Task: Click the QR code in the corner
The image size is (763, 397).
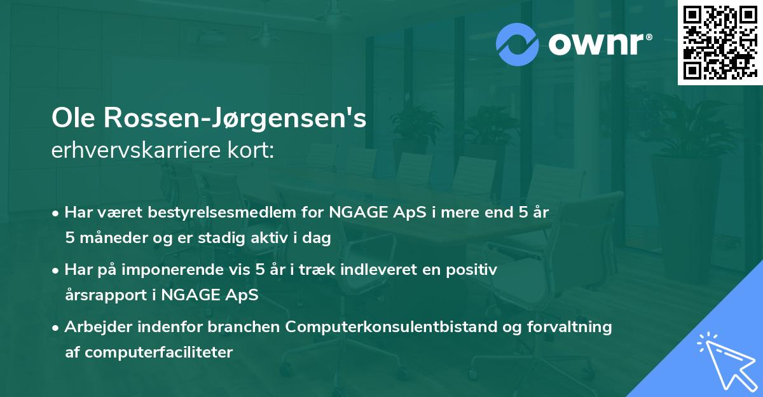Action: coord(720,43)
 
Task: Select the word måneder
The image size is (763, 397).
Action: coord(109,238)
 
